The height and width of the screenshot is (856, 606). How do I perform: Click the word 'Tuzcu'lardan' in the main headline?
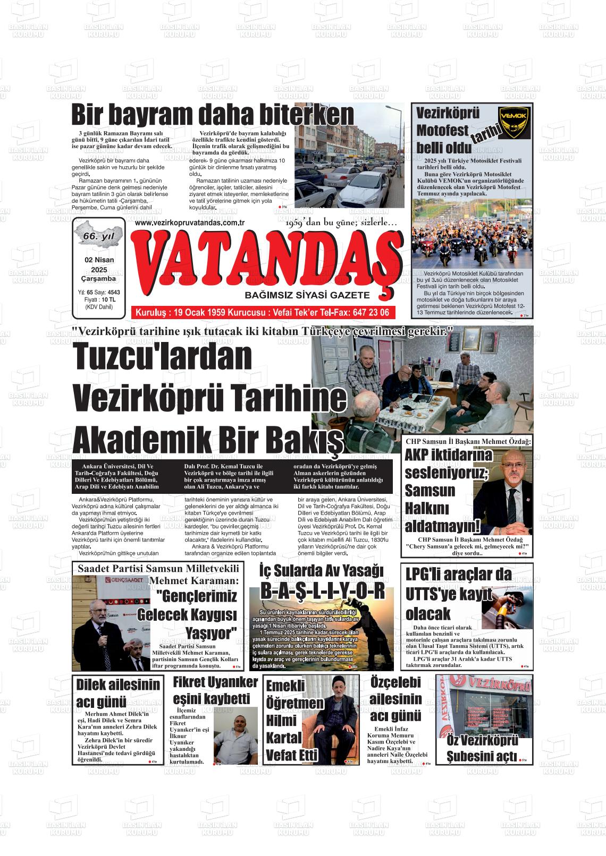pos(155,357)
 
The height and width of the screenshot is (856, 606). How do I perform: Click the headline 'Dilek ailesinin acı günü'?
pos(118,692)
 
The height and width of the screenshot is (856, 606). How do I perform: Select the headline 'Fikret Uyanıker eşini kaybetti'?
pos(215,689)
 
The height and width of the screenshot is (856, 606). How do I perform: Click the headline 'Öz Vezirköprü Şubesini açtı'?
pos(482,748)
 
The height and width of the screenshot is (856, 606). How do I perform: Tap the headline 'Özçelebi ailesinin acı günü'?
pos(395,699)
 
